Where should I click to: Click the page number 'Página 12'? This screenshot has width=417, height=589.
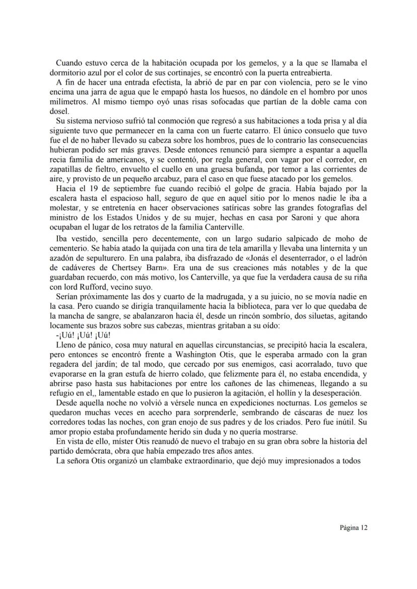pos(354,528)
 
